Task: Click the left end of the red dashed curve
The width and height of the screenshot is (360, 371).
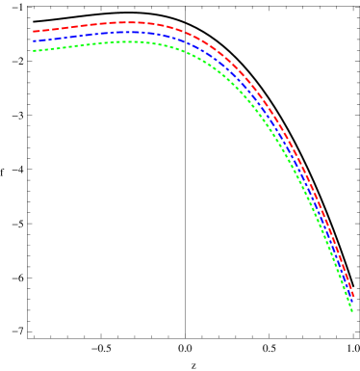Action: (33, 32)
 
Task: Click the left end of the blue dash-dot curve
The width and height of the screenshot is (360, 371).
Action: (33, 41)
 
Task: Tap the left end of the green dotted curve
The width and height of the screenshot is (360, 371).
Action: (34, 50)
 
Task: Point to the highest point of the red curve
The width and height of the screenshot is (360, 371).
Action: (125, 22)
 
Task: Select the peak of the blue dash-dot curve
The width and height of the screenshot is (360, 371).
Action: (125, 32)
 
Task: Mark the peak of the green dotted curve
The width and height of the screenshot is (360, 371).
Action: (125, 41)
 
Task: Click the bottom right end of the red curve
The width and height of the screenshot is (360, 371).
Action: (353, 296)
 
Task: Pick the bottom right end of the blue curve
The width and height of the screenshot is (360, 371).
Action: (352, 303)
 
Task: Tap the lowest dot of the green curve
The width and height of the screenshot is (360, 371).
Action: (351, 310)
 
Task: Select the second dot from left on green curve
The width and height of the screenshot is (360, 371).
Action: (39, 49)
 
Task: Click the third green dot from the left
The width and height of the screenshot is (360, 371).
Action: (43, 48)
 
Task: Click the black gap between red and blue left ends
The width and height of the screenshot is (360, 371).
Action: (33, 37)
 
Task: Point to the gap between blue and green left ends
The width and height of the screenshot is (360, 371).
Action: (33, 45)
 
